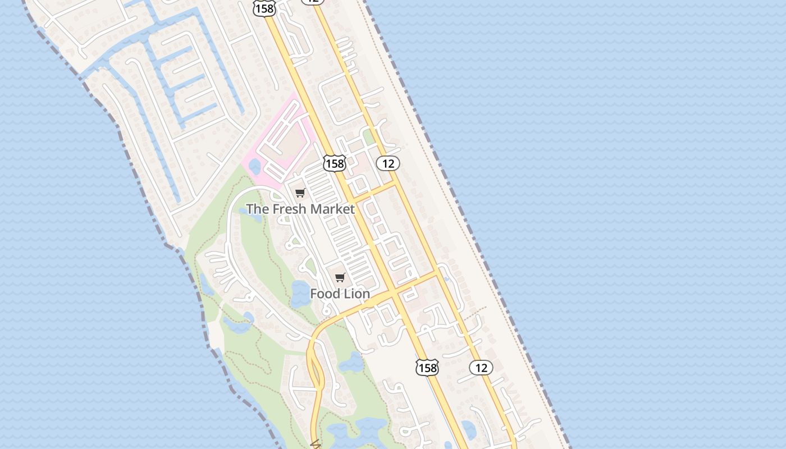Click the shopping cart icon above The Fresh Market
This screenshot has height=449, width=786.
300,193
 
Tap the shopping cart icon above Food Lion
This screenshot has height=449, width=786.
340,277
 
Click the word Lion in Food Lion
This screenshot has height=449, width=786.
357,294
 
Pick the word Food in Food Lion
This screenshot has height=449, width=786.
325,294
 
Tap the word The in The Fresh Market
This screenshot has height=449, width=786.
258,209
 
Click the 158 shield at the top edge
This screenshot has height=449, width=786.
264,8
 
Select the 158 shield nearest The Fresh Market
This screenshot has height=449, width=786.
334,163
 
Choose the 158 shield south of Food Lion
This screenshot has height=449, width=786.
427,368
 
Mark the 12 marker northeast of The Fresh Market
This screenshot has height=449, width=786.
387,163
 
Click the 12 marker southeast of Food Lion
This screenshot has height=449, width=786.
481,368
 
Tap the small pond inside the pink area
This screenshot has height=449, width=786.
254,166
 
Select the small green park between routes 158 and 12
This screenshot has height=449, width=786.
368,136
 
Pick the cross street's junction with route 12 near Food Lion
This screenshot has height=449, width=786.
437,273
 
